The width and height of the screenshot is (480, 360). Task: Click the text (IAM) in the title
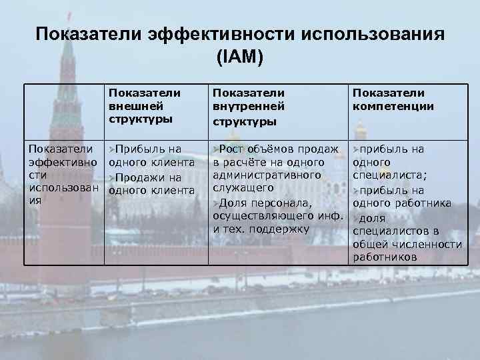tap(240, 58)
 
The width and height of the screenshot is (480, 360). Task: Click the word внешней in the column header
tap(131, 105)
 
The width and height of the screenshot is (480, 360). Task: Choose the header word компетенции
tap(393, 105)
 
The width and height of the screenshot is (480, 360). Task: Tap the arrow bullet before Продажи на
tap(113, 177)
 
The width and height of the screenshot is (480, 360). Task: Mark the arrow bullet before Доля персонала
tap(216, 203)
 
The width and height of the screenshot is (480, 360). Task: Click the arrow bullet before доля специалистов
tap(356, 218)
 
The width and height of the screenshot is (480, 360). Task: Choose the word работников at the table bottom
tap(385, 257)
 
